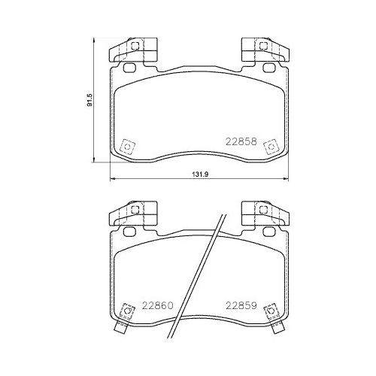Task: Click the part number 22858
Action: pos(242,141)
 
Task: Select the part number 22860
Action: pos(157,306)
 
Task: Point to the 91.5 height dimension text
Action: pos(89,99)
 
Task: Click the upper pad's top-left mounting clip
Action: pos(134,50)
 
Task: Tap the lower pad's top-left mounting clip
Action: pos(134,214)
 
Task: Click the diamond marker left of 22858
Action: pos(126,147)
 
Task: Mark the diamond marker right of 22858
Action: pos(268,147)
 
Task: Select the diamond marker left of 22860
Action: pos(126,311)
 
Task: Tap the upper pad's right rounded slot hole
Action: pos(268,68)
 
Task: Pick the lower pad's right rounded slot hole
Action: pos(268,232)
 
